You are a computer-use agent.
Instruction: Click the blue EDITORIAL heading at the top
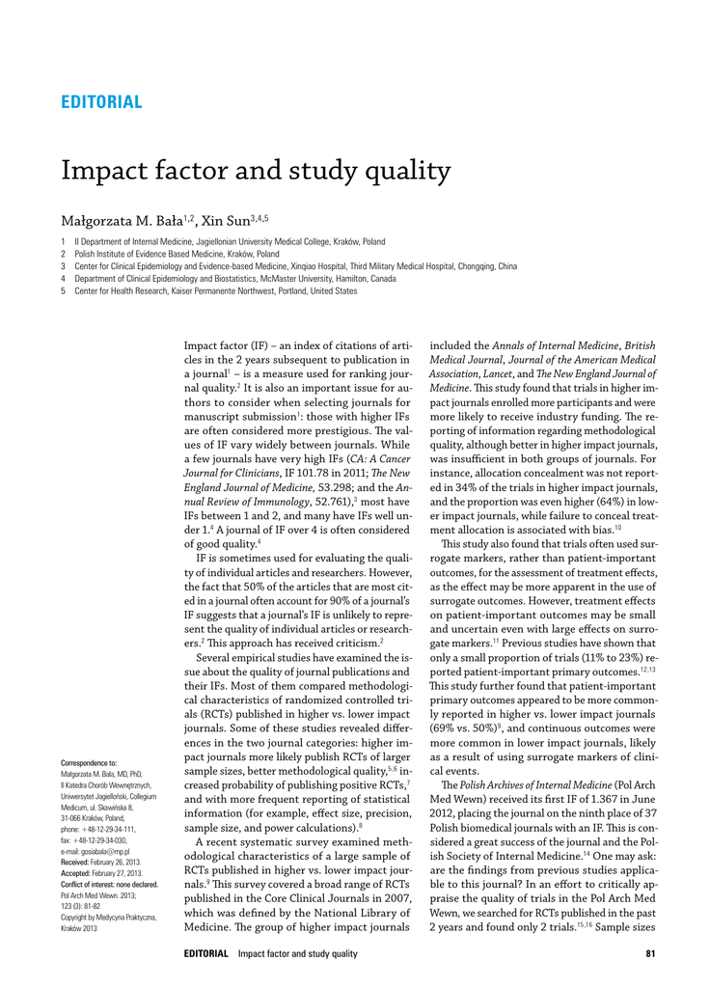click(101, 102)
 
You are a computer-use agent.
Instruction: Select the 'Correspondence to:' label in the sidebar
click(88, 763)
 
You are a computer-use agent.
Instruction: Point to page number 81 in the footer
click(650, 954)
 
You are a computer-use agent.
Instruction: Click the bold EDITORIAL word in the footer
click(205, 954)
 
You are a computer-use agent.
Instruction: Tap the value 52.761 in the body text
click(327, 504)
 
